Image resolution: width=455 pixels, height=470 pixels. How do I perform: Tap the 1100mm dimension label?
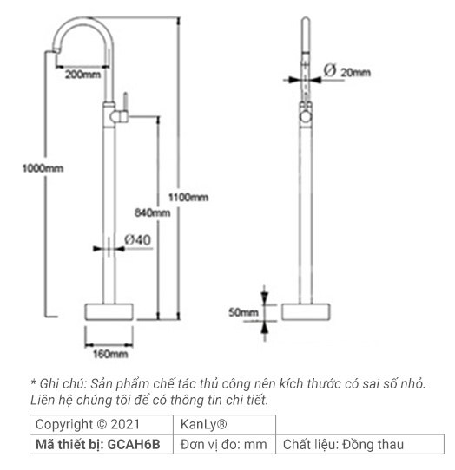(188, 198)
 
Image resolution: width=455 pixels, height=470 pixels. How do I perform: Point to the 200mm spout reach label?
(82, 75)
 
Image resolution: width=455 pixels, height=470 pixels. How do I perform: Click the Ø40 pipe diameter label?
(138, 238)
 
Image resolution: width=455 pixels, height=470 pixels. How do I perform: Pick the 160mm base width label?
(110, 353)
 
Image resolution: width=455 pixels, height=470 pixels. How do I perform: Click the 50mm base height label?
(244, 311)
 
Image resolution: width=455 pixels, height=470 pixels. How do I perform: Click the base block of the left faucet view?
(111, 313)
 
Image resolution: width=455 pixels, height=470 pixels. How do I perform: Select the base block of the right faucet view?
(305, 312)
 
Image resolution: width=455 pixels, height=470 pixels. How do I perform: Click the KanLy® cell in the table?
(204, 425)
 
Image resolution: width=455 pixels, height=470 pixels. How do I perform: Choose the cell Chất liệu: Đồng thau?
(343, 445)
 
